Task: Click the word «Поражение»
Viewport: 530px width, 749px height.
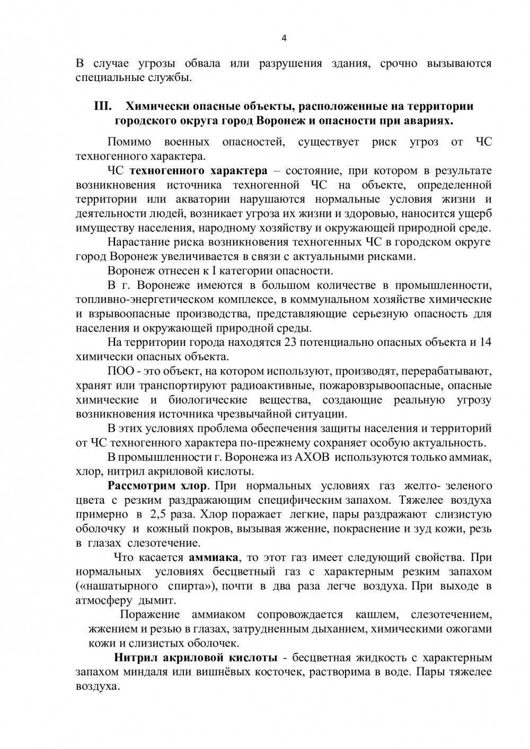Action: click(x=150, y=615)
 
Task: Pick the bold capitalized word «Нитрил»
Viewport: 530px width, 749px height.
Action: click(x=137, y=658)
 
